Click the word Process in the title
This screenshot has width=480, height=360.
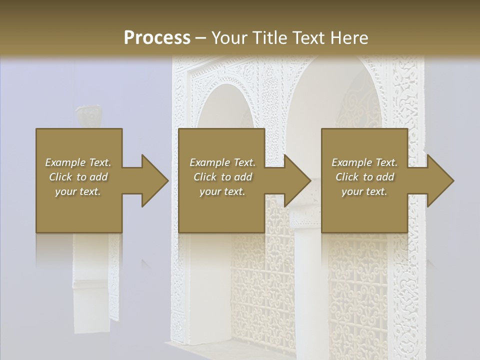click(x=157, y=37)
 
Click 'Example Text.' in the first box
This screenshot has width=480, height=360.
click(x=78, y=162)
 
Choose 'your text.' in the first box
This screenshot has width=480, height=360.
click(x=78, y=191)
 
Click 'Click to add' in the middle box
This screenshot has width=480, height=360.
click(x=222, y=177)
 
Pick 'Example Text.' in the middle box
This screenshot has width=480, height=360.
click(x=222, y=162)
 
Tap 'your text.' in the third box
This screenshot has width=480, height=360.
click(x=364, y=191)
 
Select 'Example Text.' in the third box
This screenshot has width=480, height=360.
click(x=364, y=162)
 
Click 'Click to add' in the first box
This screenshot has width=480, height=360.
click(x=78, y=177)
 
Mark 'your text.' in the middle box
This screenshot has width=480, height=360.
click(x=222, y=191)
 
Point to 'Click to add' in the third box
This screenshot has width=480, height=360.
click(x=364, y=177)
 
